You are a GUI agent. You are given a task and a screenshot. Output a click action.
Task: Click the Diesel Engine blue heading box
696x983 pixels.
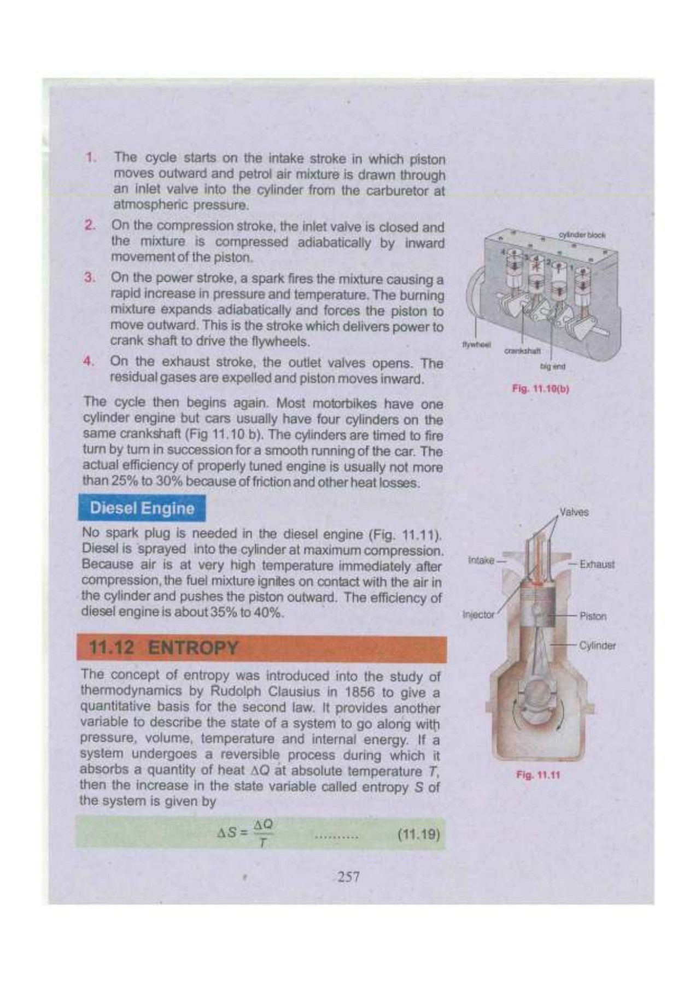point(142,508)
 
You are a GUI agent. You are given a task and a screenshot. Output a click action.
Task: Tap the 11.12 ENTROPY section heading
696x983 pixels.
point(163,648)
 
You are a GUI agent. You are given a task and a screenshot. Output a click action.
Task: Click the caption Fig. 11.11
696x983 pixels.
point(538,774)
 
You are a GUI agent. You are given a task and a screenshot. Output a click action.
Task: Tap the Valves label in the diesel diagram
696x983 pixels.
point(574,512)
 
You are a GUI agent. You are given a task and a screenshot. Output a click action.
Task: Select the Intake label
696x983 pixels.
point(481,560)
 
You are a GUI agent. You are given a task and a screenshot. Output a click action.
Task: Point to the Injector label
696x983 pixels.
point(478,614)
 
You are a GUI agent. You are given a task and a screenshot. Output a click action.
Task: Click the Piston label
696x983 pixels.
point(593,616)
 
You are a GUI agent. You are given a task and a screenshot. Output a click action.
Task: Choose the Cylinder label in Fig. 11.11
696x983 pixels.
point(597,646)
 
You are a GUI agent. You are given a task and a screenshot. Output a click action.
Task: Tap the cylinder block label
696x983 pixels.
point(582,235)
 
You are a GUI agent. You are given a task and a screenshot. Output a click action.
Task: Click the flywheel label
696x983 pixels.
point(476,345)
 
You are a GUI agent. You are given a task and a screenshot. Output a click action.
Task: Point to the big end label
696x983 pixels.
point(552,366)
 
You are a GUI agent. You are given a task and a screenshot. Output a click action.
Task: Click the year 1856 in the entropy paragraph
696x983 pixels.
point(360,692)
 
